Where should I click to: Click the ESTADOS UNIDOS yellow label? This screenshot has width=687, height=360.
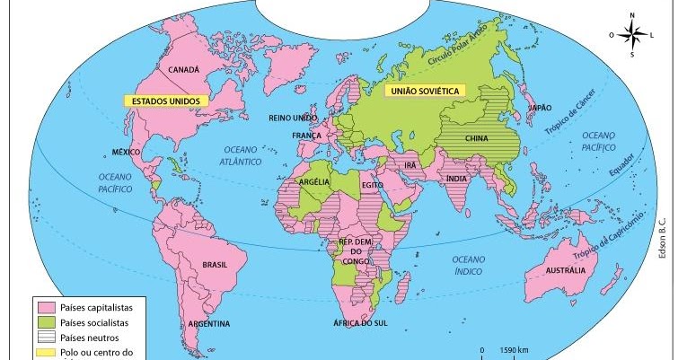(164, 101)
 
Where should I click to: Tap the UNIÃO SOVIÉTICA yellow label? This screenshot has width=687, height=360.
(423, 91)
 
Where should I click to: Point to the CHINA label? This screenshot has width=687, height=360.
(478, 138)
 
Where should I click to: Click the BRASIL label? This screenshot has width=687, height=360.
(215, 266)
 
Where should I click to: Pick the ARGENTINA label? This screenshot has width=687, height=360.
(208, 324)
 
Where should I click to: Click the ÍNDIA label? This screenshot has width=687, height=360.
(456, 178)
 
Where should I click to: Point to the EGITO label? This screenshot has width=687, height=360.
(373, 185)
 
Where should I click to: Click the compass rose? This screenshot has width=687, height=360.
(632, 34)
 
